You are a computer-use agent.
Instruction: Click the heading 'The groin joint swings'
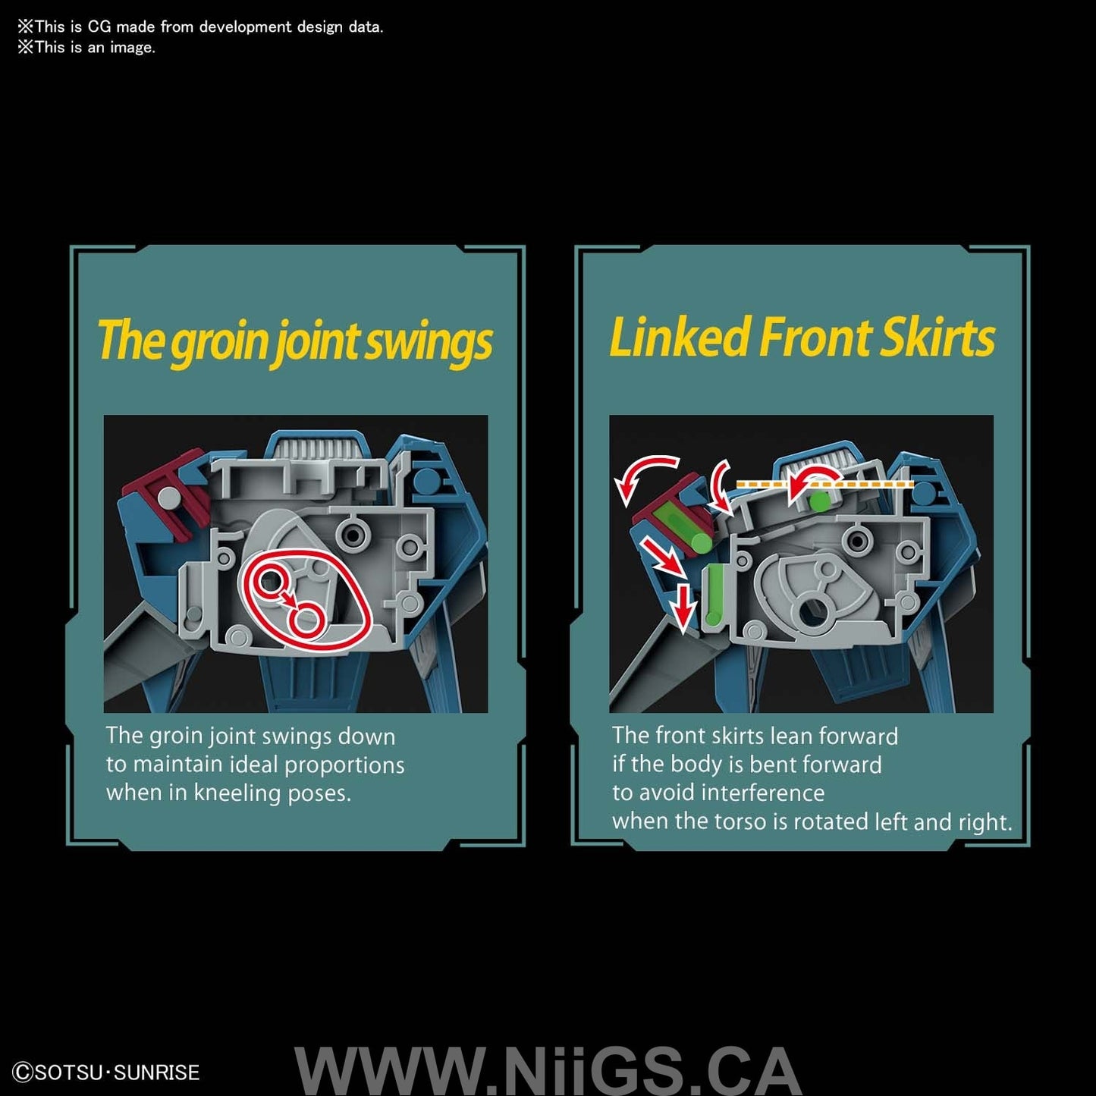294,341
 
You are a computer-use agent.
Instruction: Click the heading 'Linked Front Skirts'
802,338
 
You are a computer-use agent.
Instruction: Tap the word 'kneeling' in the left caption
237,793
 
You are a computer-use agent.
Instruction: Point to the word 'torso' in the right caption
736,821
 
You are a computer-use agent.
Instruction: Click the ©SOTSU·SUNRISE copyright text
106,1072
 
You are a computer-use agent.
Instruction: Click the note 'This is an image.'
86,47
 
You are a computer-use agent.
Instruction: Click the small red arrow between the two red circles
287,598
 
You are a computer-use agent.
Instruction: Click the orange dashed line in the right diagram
824,484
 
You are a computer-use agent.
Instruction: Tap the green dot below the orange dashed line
820,501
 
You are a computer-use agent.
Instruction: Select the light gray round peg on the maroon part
169,498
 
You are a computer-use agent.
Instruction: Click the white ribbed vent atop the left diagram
318,448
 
